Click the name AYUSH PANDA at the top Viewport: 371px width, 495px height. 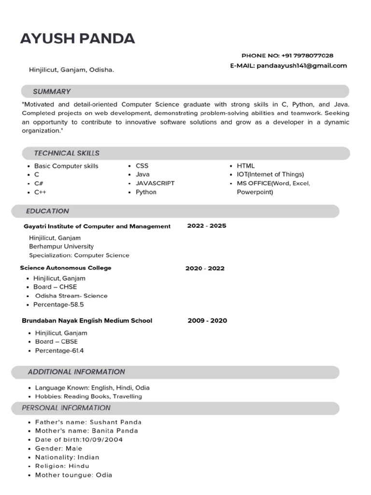point(77,38)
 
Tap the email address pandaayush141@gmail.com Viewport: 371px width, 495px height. point(301,66)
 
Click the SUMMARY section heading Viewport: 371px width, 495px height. point(52,91)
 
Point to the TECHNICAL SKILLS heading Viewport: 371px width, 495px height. point(67,153)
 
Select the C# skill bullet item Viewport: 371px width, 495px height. point(39,183)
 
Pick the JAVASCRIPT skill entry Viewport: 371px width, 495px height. point(155,183)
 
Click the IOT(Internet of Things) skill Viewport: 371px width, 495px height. point(270,175)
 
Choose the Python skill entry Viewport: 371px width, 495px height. point(146,192)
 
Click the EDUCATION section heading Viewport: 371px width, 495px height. point(47,211)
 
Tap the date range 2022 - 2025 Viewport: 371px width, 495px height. point(206,226)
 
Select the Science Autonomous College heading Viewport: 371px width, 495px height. point(66,268)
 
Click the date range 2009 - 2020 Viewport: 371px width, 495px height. point(207,320)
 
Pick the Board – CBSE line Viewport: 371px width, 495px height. point(56,342)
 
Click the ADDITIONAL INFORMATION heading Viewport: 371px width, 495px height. point(76,372)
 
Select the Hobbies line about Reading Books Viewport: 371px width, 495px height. point(88,396)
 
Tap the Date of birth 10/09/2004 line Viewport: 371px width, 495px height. point(79,440)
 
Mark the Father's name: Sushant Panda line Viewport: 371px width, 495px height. point(88,422)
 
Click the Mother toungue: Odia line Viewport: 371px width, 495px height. point(73,475)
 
